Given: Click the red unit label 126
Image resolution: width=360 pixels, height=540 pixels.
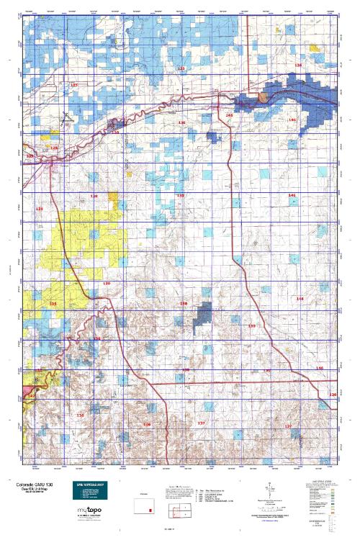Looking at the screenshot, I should (x=299, y=65).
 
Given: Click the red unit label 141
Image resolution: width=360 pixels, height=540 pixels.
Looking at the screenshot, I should (x=292, y=195).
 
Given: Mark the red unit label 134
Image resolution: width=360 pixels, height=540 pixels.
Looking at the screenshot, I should (x=96, y=338).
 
